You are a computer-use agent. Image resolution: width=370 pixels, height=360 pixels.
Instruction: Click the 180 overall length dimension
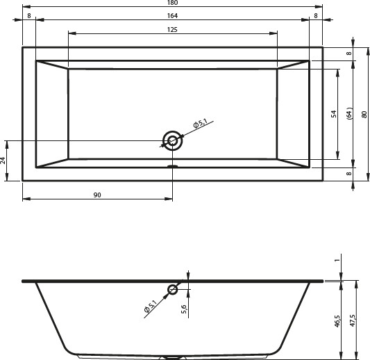[x=172, y=3]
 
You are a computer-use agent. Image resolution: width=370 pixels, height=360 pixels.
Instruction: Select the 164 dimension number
[x=172, y=15]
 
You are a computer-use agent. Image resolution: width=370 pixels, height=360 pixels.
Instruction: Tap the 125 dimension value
[x=172, y=30]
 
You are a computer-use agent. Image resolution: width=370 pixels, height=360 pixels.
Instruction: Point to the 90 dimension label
[x=97, y=195]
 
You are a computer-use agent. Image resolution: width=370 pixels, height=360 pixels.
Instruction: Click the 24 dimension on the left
[x=3, y=161]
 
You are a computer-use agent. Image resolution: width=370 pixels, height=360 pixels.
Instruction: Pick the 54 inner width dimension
[x=334, y=114]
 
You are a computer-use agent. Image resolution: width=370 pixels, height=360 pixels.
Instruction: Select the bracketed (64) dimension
[x=349, y=113]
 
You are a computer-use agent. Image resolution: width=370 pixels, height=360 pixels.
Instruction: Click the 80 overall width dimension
[x=364, y=115]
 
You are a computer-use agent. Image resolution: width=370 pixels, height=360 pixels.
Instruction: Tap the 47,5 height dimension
[x=353, y=320]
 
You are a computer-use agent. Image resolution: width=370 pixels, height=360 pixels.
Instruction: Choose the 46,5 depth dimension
[x=337, y=321]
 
